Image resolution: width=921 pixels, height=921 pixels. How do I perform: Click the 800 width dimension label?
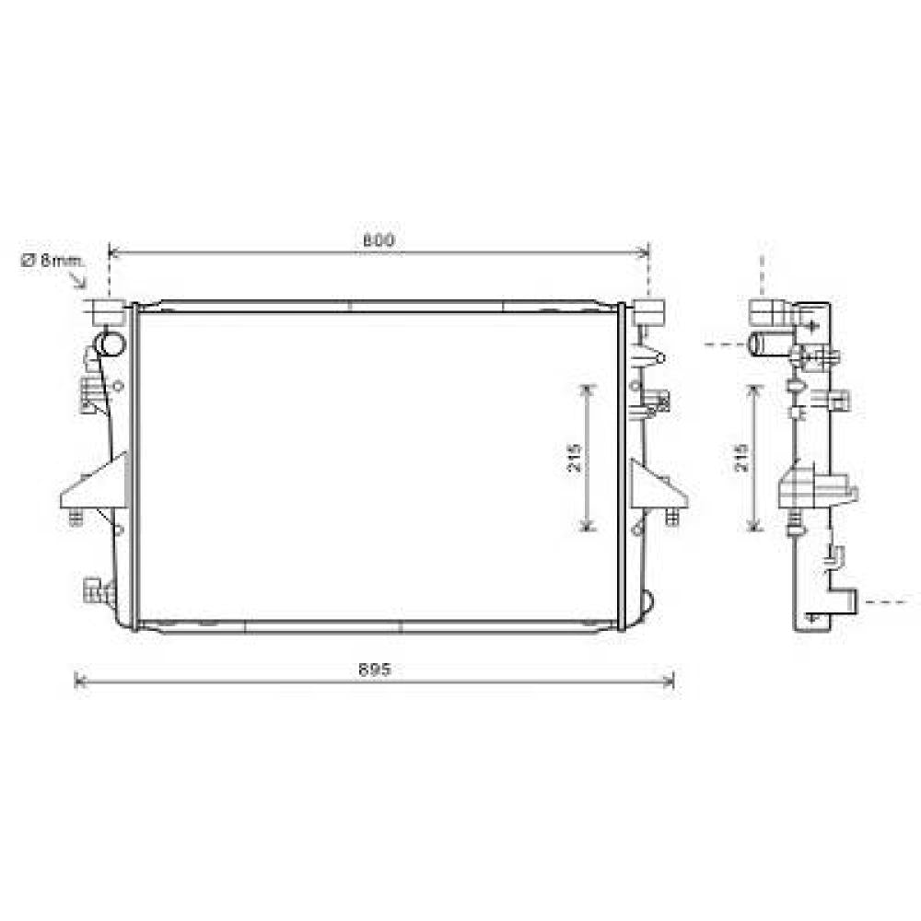378,240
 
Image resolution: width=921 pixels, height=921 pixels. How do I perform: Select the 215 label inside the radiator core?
575,458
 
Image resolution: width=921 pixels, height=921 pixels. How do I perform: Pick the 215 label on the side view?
742,458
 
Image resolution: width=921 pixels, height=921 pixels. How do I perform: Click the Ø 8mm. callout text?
52,261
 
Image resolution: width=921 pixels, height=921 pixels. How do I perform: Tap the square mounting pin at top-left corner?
109,311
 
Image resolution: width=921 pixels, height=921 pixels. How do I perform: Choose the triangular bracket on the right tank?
658,485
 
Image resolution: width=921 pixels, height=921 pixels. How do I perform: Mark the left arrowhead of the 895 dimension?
77,681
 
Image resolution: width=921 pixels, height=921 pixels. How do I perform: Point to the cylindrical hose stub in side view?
764,344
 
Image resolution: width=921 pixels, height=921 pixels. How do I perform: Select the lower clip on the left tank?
97,590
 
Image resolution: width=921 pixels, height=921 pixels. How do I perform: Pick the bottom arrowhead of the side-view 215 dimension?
754,527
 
